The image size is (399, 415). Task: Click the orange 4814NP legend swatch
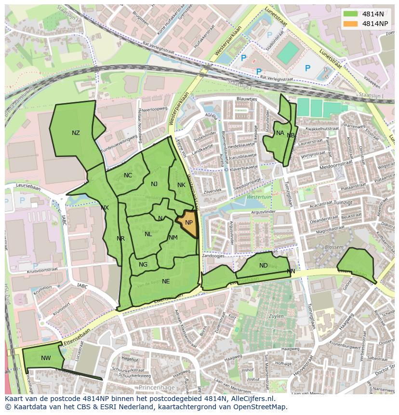click(351, 24)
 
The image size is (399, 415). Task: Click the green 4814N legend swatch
click(351, 13)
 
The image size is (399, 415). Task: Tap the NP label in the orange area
click(189, 223)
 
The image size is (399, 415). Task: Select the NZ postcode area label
click(76, 133)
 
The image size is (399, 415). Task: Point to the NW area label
click(46, 358)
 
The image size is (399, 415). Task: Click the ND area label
click(263, 266)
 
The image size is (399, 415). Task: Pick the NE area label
click(166, 281)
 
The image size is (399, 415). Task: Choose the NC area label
click(128, 175)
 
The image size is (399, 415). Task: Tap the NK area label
click(181, 185)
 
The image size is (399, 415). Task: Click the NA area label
click(280, 133)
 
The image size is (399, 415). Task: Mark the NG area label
click(143, 265)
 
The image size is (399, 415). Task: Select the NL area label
click(148, 234)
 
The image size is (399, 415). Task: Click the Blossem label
click(334, 247)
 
